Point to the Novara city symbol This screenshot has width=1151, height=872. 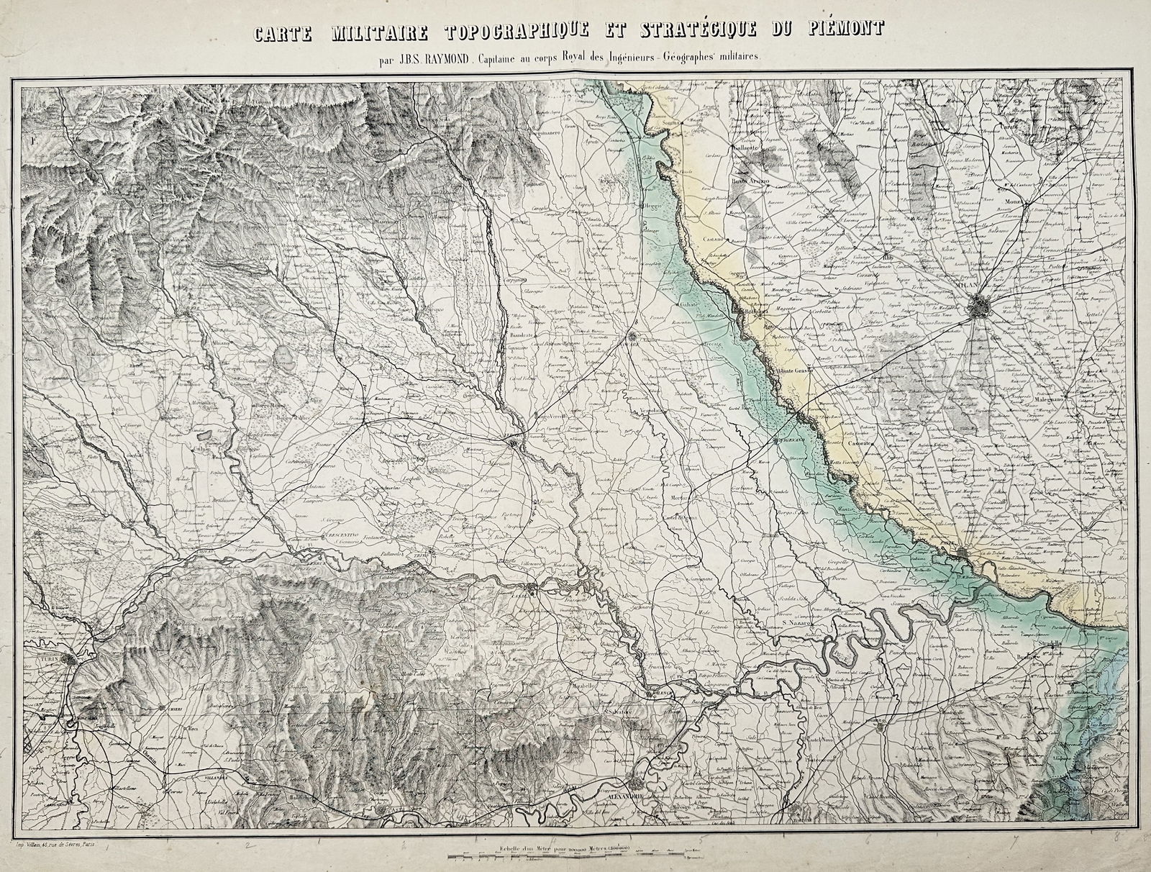(632, 335)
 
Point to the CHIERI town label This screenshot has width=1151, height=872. (170, 708)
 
